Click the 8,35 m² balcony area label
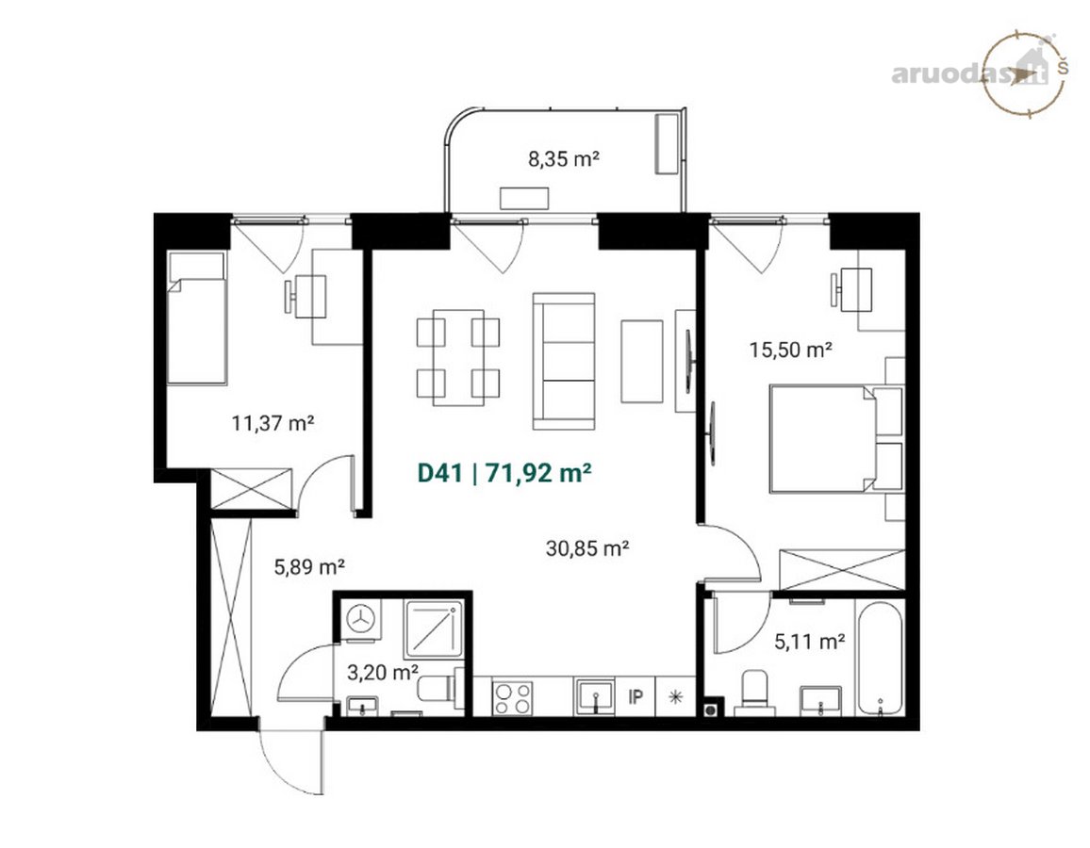point(564,159)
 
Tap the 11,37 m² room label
point(272,422)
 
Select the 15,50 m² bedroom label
point(791,350)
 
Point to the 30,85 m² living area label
point(587,548)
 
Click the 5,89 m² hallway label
point(309,566)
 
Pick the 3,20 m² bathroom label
point(382,673)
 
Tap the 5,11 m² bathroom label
point(810,641)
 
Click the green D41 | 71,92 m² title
point(504,473)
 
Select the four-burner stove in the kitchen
point(512,697)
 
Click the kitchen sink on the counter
point(594,697)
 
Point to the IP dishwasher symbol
point(636,696)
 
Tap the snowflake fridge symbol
point(675,696)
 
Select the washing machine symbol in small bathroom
point(360,618)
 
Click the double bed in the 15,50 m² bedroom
point(836,438)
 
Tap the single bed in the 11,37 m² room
point(197,318)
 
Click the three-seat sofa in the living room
point(564,361)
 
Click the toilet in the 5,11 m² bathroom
point(755,691)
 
